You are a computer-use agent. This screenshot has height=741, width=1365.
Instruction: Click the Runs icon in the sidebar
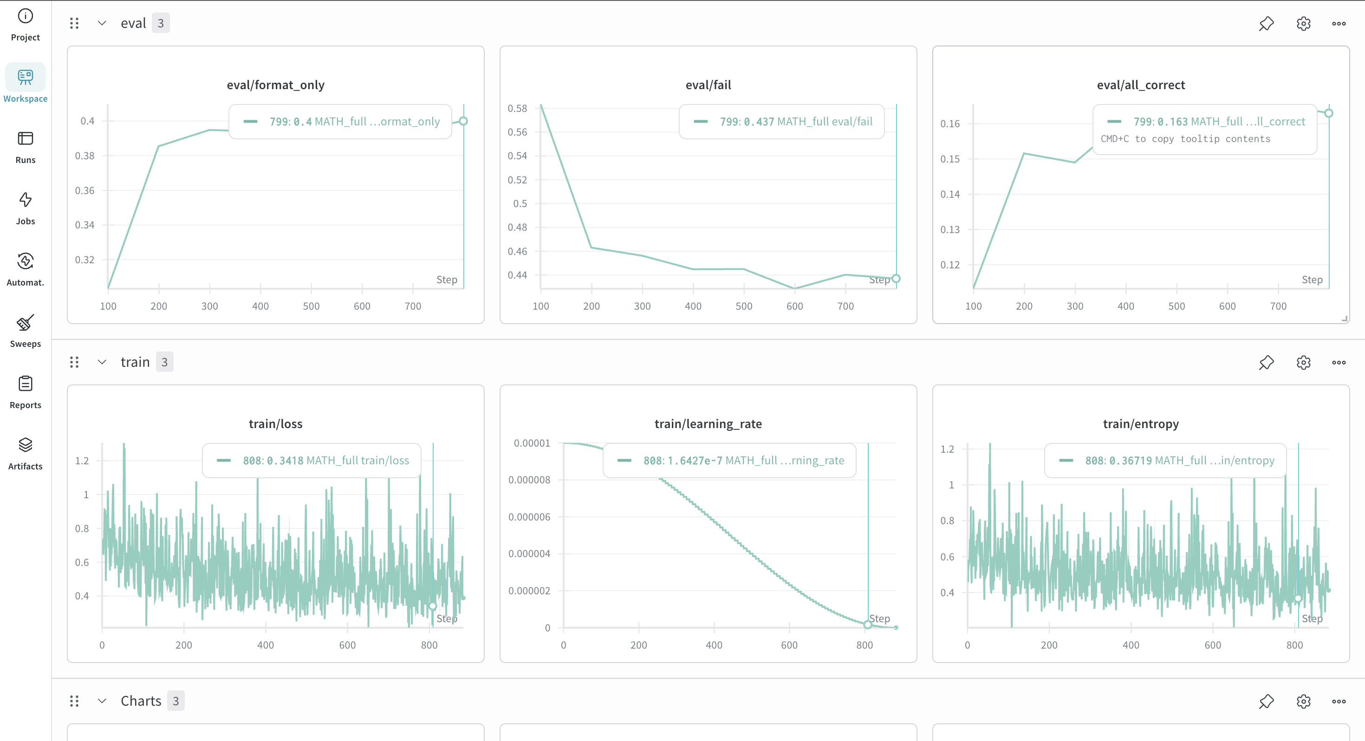[26, 138]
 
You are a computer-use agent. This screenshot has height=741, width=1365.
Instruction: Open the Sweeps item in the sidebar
[26, 322]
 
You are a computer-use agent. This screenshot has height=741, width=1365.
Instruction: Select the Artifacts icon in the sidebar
[26, 445]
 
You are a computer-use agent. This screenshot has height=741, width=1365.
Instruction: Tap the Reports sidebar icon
[26, 383]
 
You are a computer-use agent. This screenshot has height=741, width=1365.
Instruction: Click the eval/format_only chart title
[275, 85]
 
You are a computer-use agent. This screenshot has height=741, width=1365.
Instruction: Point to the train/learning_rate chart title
[708, 423]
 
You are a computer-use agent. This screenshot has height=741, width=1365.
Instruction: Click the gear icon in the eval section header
[1304, 23]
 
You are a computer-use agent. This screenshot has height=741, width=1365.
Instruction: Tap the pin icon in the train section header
[1267, 363]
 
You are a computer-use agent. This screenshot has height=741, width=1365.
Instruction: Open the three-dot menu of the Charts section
[1339, 701]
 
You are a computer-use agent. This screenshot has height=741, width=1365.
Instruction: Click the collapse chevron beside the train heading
[102, 362]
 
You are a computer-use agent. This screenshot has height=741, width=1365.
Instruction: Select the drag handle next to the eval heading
[74, 23]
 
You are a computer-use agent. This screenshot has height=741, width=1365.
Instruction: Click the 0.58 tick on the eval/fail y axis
[517, 108]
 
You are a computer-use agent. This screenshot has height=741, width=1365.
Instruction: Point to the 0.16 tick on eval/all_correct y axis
[949, 123]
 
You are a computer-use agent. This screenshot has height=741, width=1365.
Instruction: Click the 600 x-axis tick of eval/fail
[794, 306]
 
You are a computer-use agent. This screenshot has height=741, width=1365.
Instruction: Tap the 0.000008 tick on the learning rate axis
[529, 480]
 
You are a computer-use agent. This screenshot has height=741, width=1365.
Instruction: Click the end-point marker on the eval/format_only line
[463, 121]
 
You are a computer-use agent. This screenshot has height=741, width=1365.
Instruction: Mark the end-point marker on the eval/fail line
[896, 278]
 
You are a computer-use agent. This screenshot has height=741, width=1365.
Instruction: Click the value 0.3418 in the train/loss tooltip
[285, 461]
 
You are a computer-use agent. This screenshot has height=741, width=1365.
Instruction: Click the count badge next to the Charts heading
[175, 701]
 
